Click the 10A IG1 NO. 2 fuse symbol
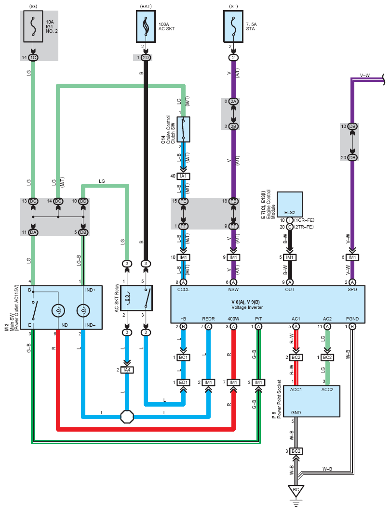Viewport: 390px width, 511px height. point(33,26)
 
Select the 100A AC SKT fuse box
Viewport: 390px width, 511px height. point(146,26)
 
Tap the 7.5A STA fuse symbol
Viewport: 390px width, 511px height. point(233,26)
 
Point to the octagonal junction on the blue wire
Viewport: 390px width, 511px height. point(127,417)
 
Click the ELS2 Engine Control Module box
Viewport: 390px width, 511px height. point(290,204)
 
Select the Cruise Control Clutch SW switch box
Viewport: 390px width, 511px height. point(183,129)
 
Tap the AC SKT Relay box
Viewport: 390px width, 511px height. point(136,298)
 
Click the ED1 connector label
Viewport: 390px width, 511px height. point(183,382)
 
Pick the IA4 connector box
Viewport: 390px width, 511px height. point(127,370)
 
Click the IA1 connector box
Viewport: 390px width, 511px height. point(183,176)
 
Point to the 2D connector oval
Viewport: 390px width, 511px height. point(146,58)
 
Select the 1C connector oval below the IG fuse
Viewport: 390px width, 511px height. point(33,58)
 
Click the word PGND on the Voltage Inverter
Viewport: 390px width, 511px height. point(352,319)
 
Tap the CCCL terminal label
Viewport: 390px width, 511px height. point(183,289)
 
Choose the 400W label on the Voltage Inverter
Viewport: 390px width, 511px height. point(233,319)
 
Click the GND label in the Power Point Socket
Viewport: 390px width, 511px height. point(296,412)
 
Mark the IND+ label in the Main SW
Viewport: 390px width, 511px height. point(91,290)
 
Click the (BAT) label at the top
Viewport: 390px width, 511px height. point(146,7)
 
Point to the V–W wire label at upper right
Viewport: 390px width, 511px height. point(365,75)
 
